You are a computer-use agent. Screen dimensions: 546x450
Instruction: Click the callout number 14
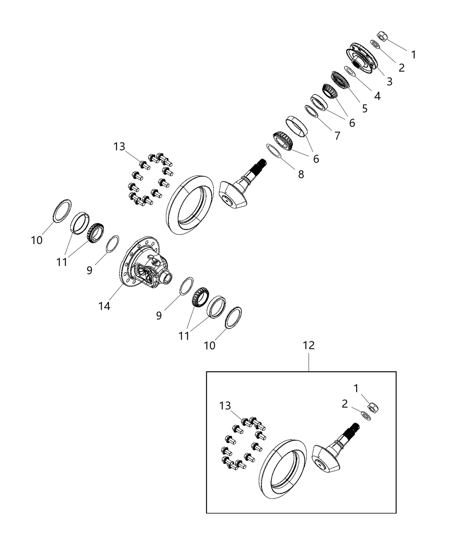coord(104,306)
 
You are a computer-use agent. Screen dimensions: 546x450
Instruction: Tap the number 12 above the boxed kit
coord(309,345)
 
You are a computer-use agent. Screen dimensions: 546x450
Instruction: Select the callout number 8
coord(301,174)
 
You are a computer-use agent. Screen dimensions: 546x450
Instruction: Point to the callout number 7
coord(337,136)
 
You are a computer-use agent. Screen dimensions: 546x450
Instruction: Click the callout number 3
coord(389,81)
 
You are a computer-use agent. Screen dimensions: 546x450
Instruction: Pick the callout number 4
coord(377,95)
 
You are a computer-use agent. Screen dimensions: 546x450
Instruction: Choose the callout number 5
coord(364,108)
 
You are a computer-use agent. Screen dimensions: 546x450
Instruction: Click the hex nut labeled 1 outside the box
coord(383,36)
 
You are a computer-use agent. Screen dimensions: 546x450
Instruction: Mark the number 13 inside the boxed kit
coord(225,406)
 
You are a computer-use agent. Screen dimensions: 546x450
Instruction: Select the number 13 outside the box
coord(119,147)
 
